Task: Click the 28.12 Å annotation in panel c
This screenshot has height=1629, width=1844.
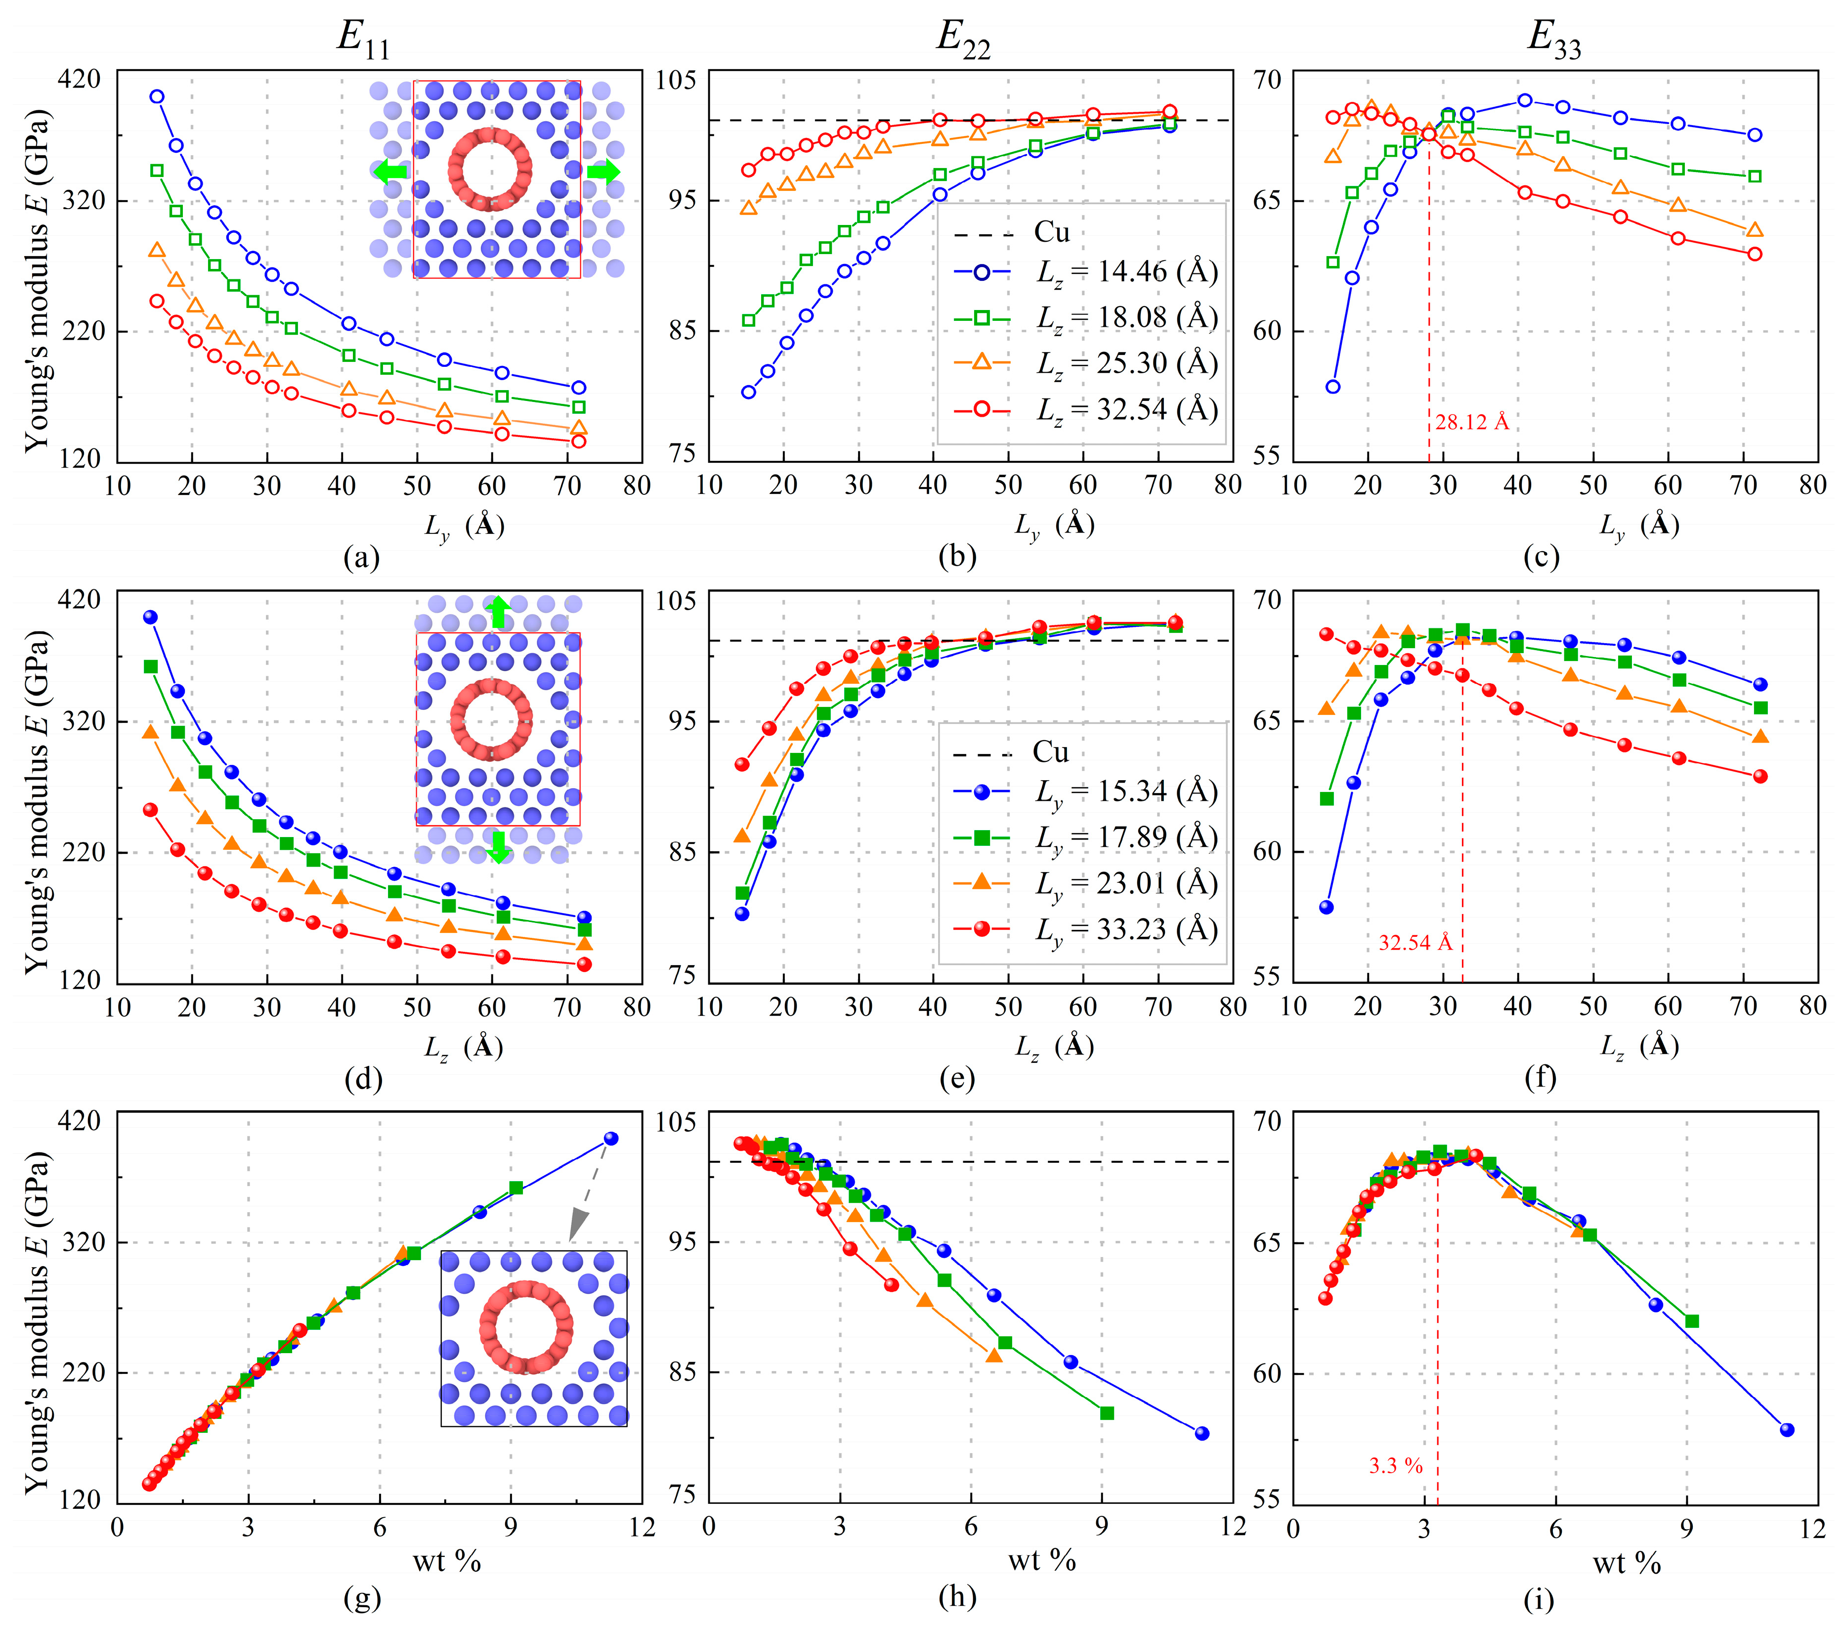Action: (x=1471, y=422)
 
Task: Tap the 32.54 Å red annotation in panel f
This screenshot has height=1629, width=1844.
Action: (x=1415, y=943)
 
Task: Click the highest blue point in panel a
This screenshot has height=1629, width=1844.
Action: (x=157, y=96)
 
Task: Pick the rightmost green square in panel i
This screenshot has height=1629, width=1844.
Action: (x=1692, y=1321)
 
